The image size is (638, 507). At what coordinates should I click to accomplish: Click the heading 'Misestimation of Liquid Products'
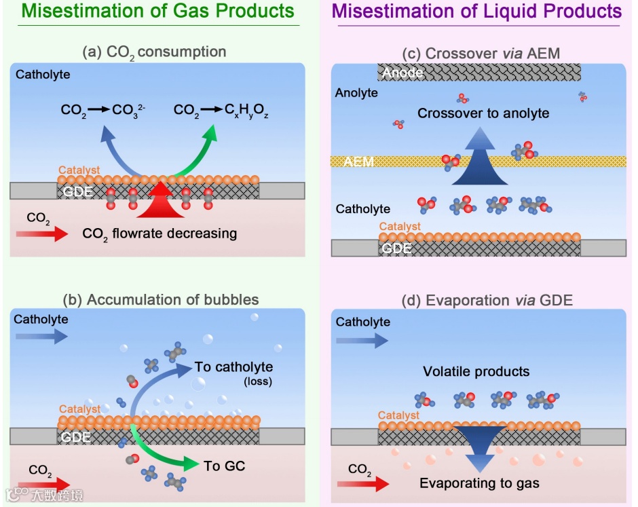[x=477, y=12]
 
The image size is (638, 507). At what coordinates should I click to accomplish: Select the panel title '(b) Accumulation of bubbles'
[x=160, y=299]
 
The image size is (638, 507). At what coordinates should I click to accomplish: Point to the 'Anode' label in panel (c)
[x=403, y=73]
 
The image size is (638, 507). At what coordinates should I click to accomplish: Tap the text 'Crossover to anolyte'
[x=483, y=113]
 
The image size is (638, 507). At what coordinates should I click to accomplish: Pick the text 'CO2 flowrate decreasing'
[x=159, y=233]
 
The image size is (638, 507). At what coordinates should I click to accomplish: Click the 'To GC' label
[x=224, y=466]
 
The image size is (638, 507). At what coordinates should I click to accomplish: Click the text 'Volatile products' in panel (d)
[x=476, y=371]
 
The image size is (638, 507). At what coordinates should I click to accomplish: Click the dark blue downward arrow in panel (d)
[x=479, y=445]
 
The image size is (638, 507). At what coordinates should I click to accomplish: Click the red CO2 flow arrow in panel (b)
[x=44, y=483]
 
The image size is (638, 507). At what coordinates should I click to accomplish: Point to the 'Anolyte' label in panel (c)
[x=356, y=92]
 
